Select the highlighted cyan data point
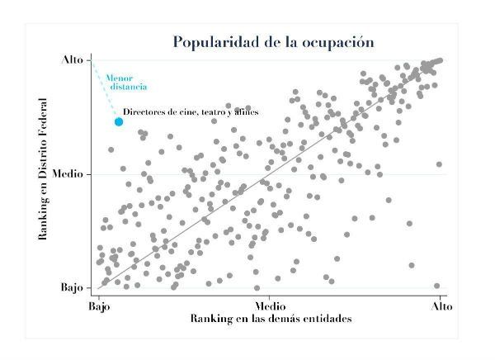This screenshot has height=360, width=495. [119, 121]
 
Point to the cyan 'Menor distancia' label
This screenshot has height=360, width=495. [125, 83]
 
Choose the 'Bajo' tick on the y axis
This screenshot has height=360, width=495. [72, 288]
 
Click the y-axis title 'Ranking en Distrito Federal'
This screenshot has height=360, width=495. [42, 174]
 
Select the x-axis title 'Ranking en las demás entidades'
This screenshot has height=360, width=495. [271, 318]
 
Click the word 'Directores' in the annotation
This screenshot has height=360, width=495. [143, 111]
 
